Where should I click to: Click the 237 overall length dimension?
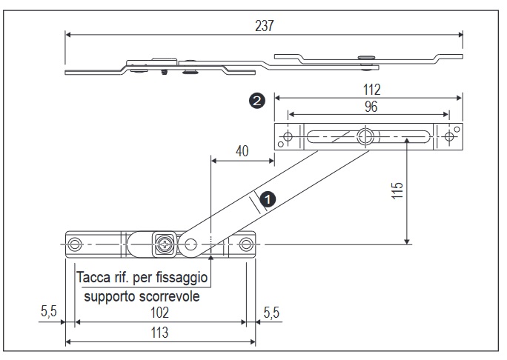click(265, 26)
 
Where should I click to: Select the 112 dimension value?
click(371, 90)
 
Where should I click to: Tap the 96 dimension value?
click(371, 107)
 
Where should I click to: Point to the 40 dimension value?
click(242, 151)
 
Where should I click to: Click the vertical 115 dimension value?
click(397, 190)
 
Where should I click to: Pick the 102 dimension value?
click(159, 313)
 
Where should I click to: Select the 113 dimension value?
click(159, 333)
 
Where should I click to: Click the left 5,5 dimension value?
click(49, 311)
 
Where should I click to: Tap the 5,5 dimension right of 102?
click(271, 313)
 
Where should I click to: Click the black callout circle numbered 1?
click(268, 199)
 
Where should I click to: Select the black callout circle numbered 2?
click(257, 101)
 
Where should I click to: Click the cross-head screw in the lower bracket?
click(165, 244)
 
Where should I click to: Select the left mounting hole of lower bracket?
click(75, 244)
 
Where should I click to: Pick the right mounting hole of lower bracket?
click(246, 244)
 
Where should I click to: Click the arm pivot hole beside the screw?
click(190, 244)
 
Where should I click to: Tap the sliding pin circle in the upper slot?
click(365, 136)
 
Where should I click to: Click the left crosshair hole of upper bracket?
click(288, 136)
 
